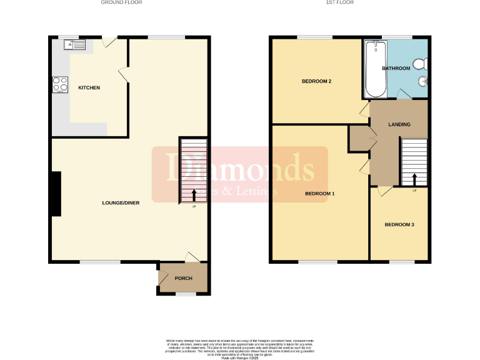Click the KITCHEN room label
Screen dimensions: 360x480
point(89,87)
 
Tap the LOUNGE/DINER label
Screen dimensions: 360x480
point(121,203)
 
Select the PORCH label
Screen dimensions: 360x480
point(183,278)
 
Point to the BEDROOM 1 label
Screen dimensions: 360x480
point(320,194)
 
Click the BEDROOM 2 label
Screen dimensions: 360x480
point(316,81)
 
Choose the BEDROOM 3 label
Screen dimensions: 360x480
point(399,225)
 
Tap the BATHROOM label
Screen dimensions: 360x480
point(396,68)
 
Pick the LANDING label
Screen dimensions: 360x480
point(399,124)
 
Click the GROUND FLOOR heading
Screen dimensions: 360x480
point(122,2)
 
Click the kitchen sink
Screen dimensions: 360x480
point(78,44)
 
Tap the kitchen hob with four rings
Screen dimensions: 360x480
point(61,84)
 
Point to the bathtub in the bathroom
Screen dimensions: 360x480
point(376,69)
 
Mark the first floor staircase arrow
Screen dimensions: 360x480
point(414,179)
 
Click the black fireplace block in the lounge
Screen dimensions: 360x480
point(56,194)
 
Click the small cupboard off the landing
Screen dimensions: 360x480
point(359,138)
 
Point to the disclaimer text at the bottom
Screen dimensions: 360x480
point(240,347)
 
